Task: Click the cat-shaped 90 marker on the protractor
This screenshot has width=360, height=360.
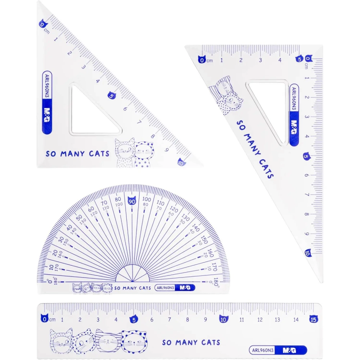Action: [132, 201]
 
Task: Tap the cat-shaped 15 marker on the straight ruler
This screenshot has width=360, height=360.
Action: [314, 319]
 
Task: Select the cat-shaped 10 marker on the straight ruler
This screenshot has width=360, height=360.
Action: [224, 319]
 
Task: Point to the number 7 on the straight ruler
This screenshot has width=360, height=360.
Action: [170, 319]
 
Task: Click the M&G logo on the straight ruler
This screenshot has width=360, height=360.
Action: [289, 350]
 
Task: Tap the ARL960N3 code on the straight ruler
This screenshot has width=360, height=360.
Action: [263, 350]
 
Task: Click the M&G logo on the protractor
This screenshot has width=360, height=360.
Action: [185, 288]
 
